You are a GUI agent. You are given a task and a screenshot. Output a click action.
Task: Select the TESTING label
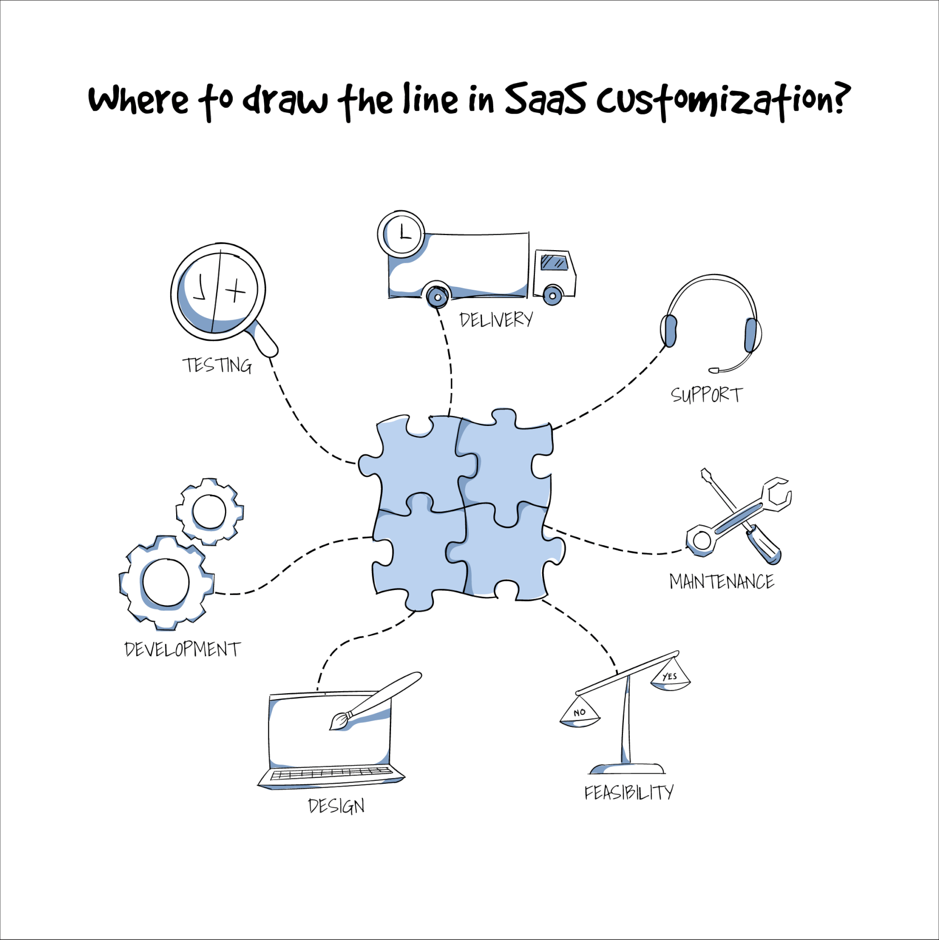point(217,365)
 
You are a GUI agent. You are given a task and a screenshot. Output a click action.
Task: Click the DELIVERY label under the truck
point(496,320)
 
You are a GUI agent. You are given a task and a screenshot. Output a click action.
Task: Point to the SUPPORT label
point(707,395)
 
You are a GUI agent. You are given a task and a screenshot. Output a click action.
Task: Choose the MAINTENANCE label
point(722,582)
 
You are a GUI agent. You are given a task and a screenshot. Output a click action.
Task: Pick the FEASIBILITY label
point(629,793)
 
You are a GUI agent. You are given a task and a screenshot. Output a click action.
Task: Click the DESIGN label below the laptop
point(336,806)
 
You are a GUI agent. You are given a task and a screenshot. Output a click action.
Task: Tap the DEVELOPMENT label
point(183,649)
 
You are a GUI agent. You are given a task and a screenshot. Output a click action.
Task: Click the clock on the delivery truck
point(401,234)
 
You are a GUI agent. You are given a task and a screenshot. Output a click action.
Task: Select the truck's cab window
point(554,262)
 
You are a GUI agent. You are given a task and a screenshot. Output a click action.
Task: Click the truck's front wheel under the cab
point(552,295)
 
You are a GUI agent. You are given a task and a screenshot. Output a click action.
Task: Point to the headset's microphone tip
point(714,370)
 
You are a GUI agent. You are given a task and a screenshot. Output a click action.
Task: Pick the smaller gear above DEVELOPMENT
point(209,512)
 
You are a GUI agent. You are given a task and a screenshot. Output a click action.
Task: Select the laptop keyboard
point(331,773)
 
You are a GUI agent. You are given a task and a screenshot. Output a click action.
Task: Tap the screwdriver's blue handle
point(763,544)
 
